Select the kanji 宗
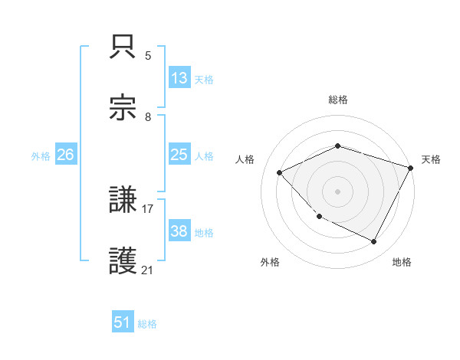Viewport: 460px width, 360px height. [x=123, y=108]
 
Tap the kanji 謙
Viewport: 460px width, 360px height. [x=123, y=201]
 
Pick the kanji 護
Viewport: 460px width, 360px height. [x=123, y=261]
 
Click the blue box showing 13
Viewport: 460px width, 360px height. [x=179, y=78]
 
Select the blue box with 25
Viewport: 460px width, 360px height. [x=179, y=155]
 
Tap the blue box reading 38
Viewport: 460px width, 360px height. [x=179, y=231]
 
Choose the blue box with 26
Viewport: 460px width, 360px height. [x=66, y=155]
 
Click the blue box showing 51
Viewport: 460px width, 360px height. [x=123, y=322]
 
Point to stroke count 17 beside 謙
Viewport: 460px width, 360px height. [x=148, y=208]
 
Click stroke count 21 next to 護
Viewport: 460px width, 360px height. [x=148, y=269]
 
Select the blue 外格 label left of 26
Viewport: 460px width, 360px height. [x=41, y=156]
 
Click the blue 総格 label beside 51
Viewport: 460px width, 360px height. [x=147, y=324]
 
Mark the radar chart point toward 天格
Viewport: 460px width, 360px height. [x=411, y=168]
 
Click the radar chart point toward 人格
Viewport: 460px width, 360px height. [x=280, y=173]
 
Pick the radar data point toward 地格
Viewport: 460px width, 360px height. [x=374, y=242]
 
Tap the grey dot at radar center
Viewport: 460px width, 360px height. [x=337, y=191]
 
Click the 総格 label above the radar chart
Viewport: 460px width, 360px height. [x=338, y=100]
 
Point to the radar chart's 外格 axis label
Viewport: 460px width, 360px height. [x=270, y=262]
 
